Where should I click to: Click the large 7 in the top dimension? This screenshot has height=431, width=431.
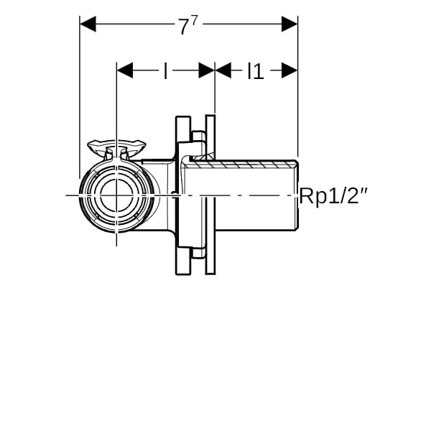click(x=184, y=27)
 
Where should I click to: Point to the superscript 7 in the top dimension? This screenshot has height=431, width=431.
click(x=195, y=20)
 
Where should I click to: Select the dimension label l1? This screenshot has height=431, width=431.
click(x=256, y=71)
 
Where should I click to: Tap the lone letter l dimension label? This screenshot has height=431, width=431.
click(x=165, y=71)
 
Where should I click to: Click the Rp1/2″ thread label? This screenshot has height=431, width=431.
click(x=333, y=196)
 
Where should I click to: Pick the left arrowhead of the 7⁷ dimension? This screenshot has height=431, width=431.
click(x=88, y=24)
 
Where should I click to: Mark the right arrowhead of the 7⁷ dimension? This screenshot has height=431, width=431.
click(x=289, y=24)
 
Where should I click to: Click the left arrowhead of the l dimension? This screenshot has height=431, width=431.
click(x=125, y=70)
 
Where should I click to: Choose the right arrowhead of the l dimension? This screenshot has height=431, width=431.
click(x=207, y=70)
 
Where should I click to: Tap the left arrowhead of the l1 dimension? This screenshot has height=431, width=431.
click(x=223, y=70)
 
